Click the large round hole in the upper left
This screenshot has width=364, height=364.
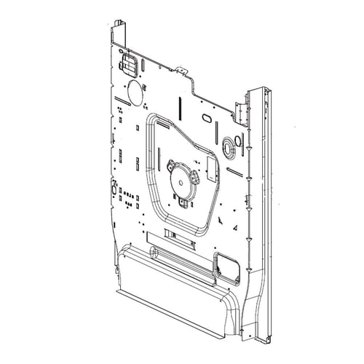click(x=135, y=92)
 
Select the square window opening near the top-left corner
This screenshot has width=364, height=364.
click(x=129, y=63)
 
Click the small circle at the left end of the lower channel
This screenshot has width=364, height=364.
click(x=154, y=253)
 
